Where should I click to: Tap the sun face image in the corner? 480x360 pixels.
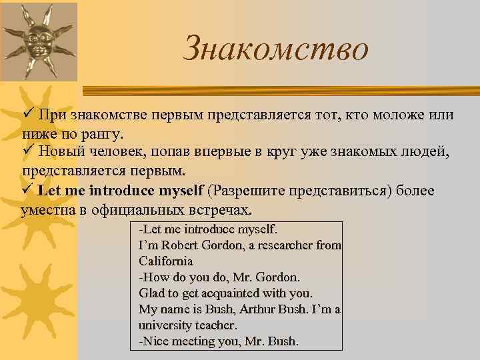(39, 42)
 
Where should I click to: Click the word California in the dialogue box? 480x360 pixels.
(166, 261)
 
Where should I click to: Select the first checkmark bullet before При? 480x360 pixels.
(28, 115)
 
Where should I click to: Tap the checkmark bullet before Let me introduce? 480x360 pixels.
(28, 191)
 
